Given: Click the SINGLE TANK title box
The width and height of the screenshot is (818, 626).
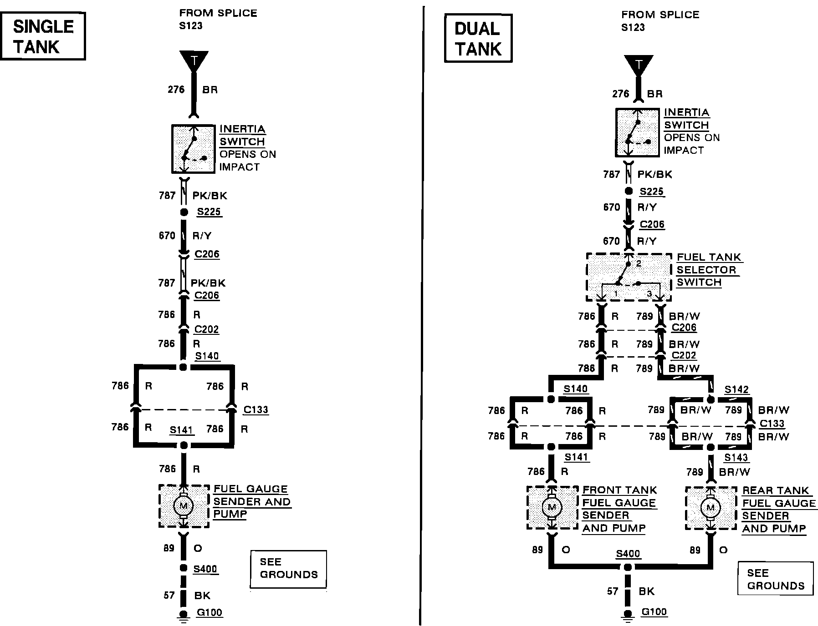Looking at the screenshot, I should [43, 36].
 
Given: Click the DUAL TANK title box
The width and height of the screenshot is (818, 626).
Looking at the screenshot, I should [478, 38].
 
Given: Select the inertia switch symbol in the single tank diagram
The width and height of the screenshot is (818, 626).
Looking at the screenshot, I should [193, 149].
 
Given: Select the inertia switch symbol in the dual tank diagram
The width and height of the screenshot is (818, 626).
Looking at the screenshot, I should [637, 132].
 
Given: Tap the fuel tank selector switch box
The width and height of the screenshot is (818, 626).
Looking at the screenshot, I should [629, 277].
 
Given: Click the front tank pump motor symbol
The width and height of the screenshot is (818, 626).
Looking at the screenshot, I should [552, 507].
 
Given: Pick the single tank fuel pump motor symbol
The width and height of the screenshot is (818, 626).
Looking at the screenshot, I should [184, 505].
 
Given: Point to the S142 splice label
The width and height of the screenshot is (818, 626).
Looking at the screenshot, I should [736, 389].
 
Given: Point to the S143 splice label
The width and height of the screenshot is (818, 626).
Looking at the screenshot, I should [736, 458].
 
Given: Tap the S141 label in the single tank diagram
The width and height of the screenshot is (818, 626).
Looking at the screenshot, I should [182, 430].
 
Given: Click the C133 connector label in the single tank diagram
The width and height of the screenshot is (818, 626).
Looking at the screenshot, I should [256, 409].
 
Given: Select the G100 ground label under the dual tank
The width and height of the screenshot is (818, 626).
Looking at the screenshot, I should [654, 611].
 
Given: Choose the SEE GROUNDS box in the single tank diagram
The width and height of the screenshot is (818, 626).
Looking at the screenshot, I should [288, 569].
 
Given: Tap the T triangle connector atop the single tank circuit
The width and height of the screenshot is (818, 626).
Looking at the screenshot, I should [194, 61].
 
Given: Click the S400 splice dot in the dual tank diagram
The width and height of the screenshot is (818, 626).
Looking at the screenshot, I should [628, 567].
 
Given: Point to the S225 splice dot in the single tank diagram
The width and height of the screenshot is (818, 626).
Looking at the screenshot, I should [184, 212].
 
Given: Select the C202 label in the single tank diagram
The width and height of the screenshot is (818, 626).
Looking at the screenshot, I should [207, 329].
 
